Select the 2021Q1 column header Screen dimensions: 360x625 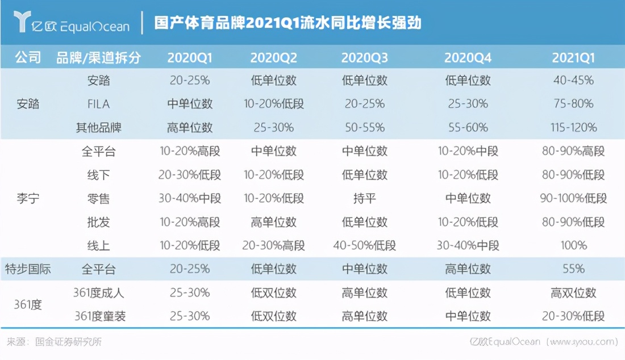(573, 58)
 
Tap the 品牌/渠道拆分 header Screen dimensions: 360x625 (98, 58)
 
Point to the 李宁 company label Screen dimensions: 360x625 (28, 199)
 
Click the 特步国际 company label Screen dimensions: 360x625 (28, 269)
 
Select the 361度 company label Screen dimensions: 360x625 (28, 304)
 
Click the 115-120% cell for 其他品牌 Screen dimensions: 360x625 (573, 128)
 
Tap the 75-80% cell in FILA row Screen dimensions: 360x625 (573, 104)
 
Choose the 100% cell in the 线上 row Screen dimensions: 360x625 (573, 245)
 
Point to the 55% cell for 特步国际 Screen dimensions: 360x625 (573, 269)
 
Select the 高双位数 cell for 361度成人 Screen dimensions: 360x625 (573, 293)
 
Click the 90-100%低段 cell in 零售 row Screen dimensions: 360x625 (573, 199)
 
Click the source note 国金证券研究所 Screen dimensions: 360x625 (69, 342)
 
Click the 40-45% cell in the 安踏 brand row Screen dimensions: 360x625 (573, 81)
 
